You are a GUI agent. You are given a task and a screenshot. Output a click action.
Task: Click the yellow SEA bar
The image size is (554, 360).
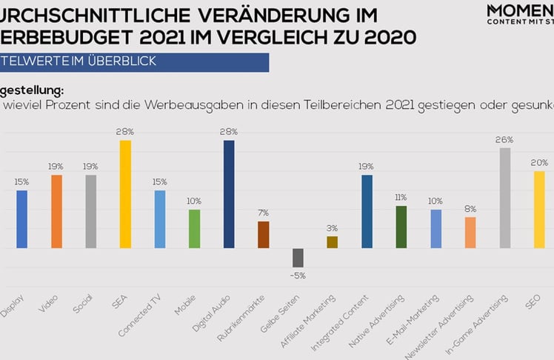point(125,194)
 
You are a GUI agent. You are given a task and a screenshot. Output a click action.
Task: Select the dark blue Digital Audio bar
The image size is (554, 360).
point(229,194)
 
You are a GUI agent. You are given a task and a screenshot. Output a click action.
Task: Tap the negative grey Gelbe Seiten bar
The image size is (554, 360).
point(298,258)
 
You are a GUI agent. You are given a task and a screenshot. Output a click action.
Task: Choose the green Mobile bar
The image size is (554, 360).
point(194,229)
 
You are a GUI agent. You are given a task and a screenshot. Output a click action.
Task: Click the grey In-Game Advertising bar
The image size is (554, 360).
point(504,198)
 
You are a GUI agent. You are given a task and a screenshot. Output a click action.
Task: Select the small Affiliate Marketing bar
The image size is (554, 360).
point(332,242)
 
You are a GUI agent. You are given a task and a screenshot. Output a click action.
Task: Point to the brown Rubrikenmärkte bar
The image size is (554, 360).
point(263,235)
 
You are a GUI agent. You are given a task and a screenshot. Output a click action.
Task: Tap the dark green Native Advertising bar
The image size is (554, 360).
point(401,227)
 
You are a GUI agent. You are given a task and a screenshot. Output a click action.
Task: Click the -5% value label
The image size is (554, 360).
point(298,276)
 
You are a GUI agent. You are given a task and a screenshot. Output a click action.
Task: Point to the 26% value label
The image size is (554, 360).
point(504,139)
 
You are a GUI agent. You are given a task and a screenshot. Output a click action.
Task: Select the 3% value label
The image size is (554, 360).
point(332,228)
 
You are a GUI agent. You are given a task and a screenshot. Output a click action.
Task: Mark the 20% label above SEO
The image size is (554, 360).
point(539,163)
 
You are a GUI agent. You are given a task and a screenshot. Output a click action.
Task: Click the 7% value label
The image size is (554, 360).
point(263,213)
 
